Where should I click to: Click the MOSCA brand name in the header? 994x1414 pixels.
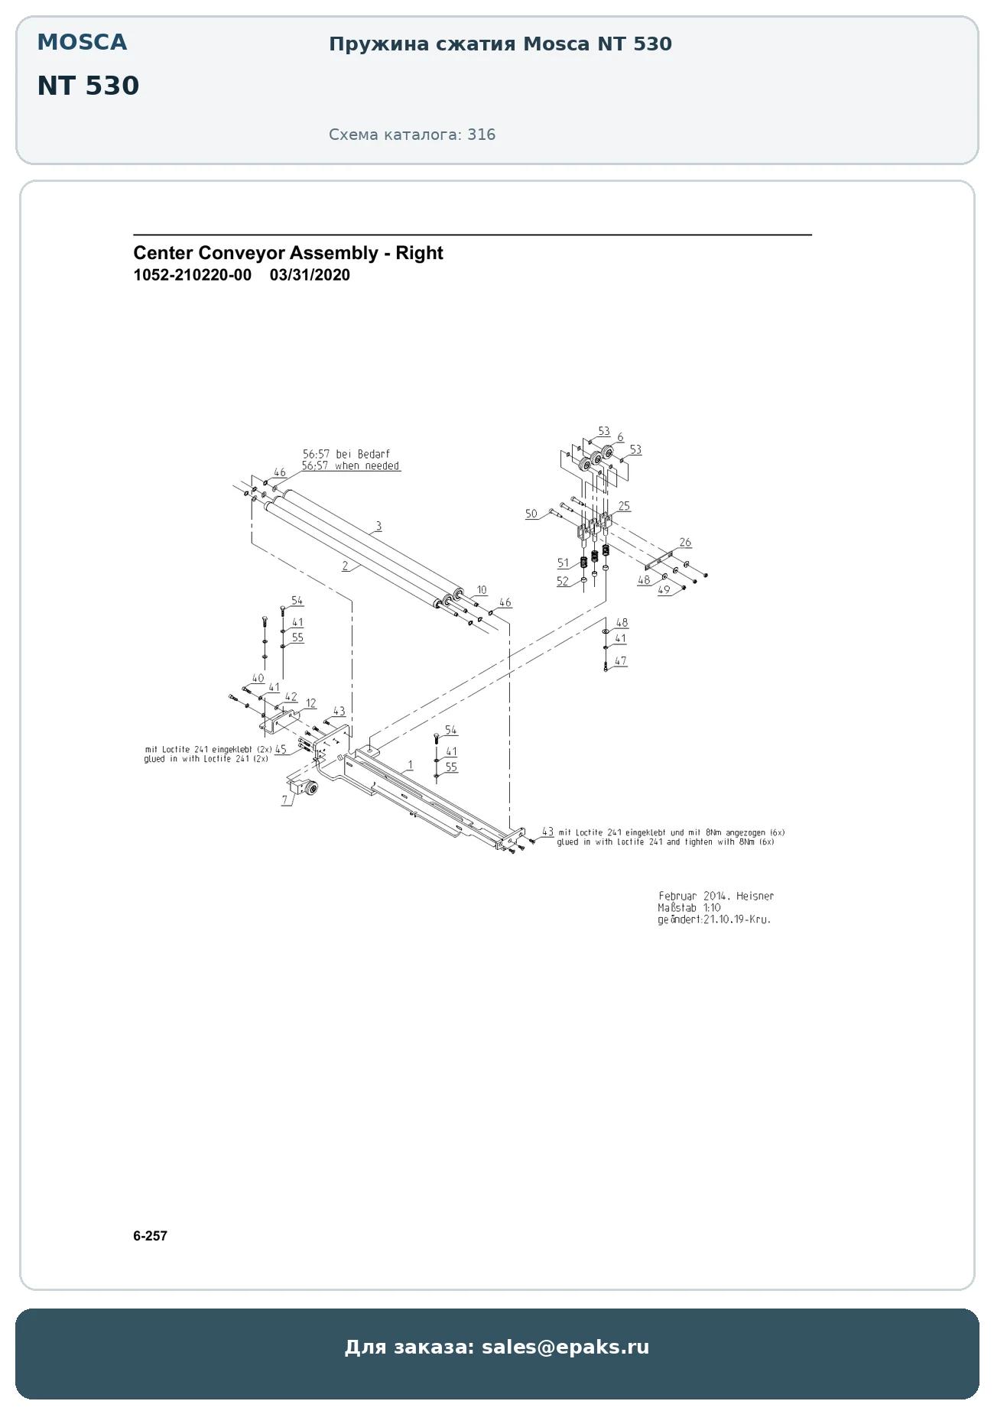(x=82, y=42)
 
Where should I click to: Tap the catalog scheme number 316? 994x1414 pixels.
(x=482, y=135)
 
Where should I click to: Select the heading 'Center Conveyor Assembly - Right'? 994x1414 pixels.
(x=288, y=253)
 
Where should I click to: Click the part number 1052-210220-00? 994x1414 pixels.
(x=192, y=275)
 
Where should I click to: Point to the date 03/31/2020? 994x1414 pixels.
(x=310, y=275)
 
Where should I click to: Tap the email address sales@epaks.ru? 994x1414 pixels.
(x=566, y=1347)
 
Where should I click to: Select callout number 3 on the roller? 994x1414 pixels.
(x=378, y=526)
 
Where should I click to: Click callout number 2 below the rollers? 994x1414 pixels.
(x=346, y=566)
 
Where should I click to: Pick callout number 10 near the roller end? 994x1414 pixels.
(x=482, y=590)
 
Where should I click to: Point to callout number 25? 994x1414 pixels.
(x=624, y=506)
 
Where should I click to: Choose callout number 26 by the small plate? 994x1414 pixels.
(x=685, y=542)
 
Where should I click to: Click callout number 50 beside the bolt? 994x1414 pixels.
(x=531, y=514)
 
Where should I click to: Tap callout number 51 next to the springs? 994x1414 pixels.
(x=564, y=563)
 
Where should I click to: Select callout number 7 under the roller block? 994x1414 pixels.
(x=285, y=799)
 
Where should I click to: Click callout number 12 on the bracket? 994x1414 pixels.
(x=311, y=703)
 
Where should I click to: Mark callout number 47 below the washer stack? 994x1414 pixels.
(x=620, y=660)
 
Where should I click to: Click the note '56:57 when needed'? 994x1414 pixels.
(x=351, y=465)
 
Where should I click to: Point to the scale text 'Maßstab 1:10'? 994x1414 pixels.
(x=689, y=907)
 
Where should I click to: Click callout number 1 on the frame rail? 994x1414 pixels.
(x=411, y=764)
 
